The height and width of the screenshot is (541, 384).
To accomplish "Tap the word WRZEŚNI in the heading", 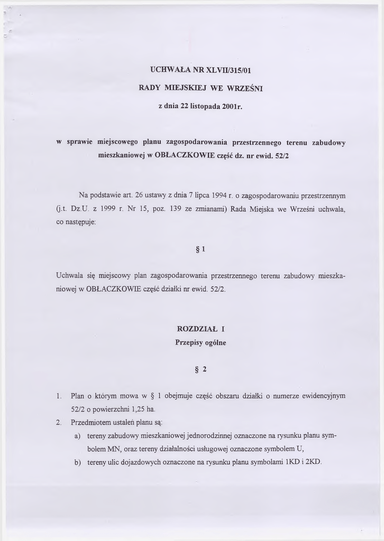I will click(244, 88).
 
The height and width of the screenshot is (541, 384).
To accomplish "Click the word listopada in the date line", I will click(202, 106).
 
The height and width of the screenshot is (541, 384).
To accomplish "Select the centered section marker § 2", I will click(200, 369).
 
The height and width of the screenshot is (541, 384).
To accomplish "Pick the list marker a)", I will click(77, 436).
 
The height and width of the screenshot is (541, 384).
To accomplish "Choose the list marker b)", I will click(77, 462).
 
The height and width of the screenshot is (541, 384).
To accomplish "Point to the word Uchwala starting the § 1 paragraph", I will click(69, 275).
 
